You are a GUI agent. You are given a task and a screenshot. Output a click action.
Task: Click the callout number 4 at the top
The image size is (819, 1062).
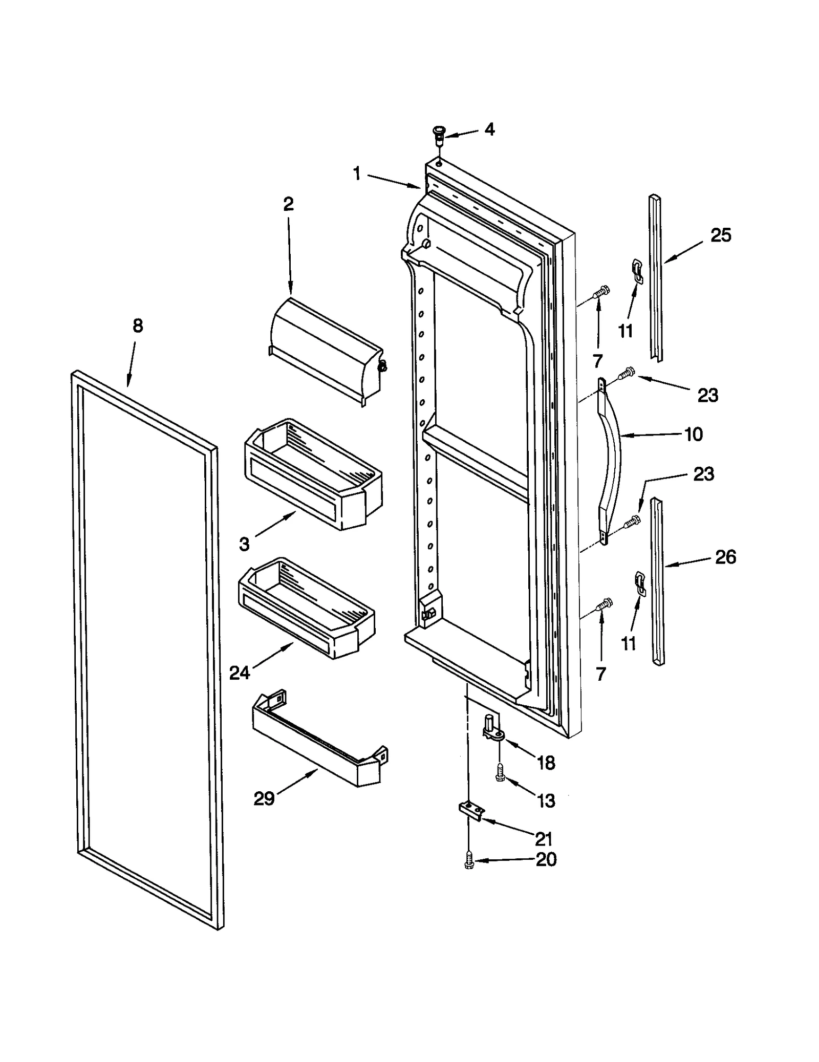tap(489, 129)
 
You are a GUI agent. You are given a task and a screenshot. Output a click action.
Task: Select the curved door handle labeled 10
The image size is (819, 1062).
tap(612, 461)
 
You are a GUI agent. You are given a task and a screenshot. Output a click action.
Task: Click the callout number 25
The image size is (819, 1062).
tap(721, 235)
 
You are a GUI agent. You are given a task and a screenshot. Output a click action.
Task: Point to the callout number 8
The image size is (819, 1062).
tap(138, 326)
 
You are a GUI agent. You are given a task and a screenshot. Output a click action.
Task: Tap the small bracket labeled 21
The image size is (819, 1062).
tap(470, 811)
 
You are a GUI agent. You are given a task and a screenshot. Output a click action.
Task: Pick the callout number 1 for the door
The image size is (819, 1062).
tap(357, 174)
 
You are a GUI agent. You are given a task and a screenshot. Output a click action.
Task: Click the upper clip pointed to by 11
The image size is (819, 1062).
tap(636, 270)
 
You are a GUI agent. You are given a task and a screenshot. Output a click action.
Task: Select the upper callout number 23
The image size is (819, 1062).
tap(707, 395)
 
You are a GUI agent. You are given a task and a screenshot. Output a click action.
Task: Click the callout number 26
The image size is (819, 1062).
tap(725, 557)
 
